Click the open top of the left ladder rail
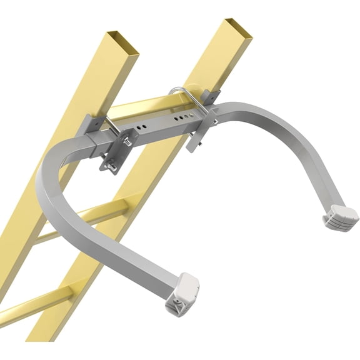click(122, 39)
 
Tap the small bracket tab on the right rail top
click(212, 97)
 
